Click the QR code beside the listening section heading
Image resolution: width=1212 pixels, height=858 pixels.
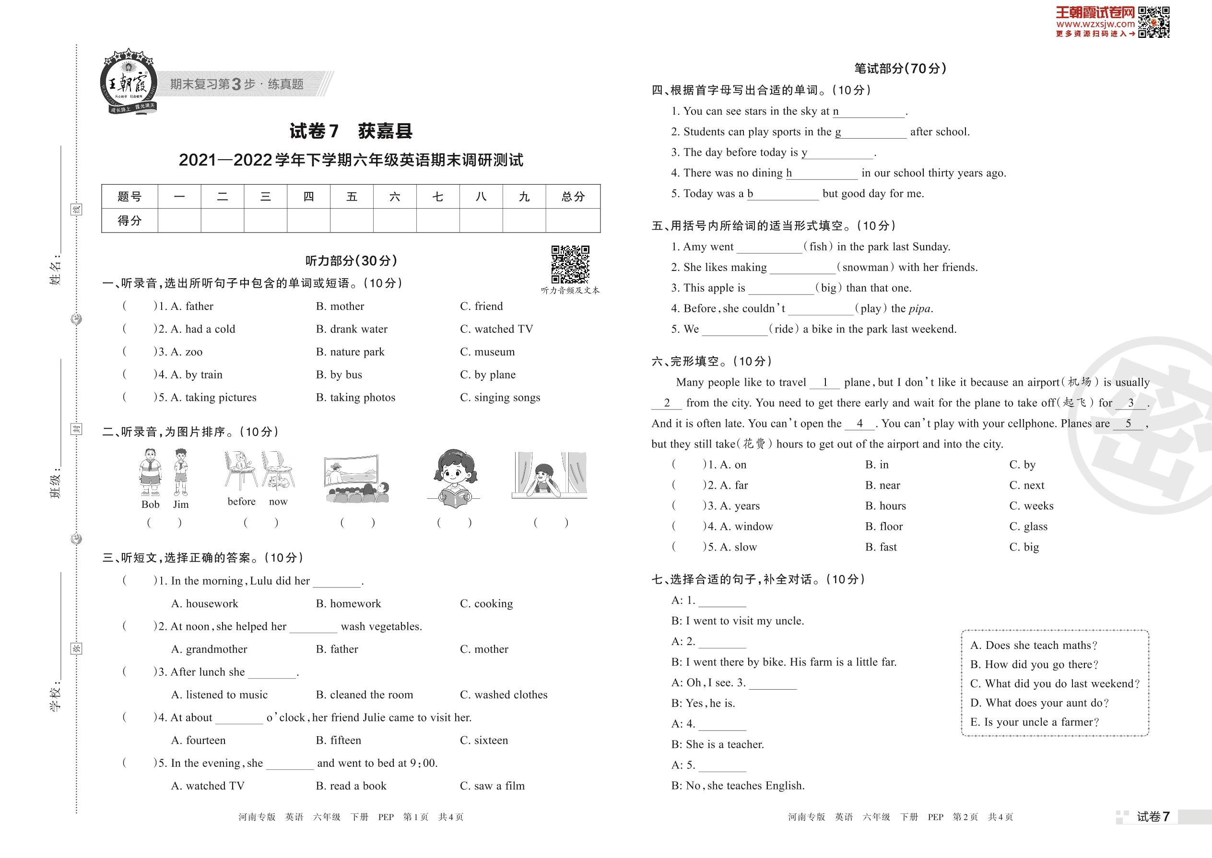(x=570, y=264)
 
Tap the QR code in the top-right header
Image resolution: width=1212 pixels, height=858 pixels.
(x=1153, y=22)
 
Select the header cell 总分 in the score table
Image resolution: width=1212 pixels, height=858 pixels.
(x=573, y=197)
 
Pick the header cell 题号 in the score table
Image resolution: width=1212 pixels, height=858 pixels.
(x=129, y=197)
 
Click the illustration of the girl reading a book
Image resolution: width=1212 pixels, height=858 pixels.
(x=454, y=478)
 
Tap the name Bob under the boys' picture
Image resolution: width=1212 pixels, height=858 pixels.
(x=150, y=505)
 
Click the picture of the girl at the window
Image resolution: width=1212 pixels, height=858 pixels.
(x=549, y=475)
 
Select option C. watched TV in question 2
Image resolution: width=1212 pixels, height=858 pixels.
(x=496, y=329)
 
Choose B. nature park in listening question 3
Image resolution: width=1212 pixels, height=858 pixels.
(x=350, y=352)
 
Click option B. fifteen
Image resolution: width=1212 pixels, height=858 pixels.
(x=338, y=740)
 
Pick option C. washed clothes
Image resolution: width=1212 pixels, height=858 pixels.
(x=504, y=695)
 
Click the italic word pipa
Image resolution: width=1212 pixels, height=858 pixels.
(x=920, y=308)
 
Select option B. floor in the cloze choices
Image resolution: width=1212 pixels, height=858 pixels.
(x=883, y=526)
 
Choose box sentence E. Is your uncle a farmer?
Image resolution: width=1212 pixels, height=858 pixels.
(x=1035, y=722)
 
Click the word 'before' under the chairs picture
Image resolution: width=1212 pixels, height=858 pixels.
(x=241, y=501)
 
